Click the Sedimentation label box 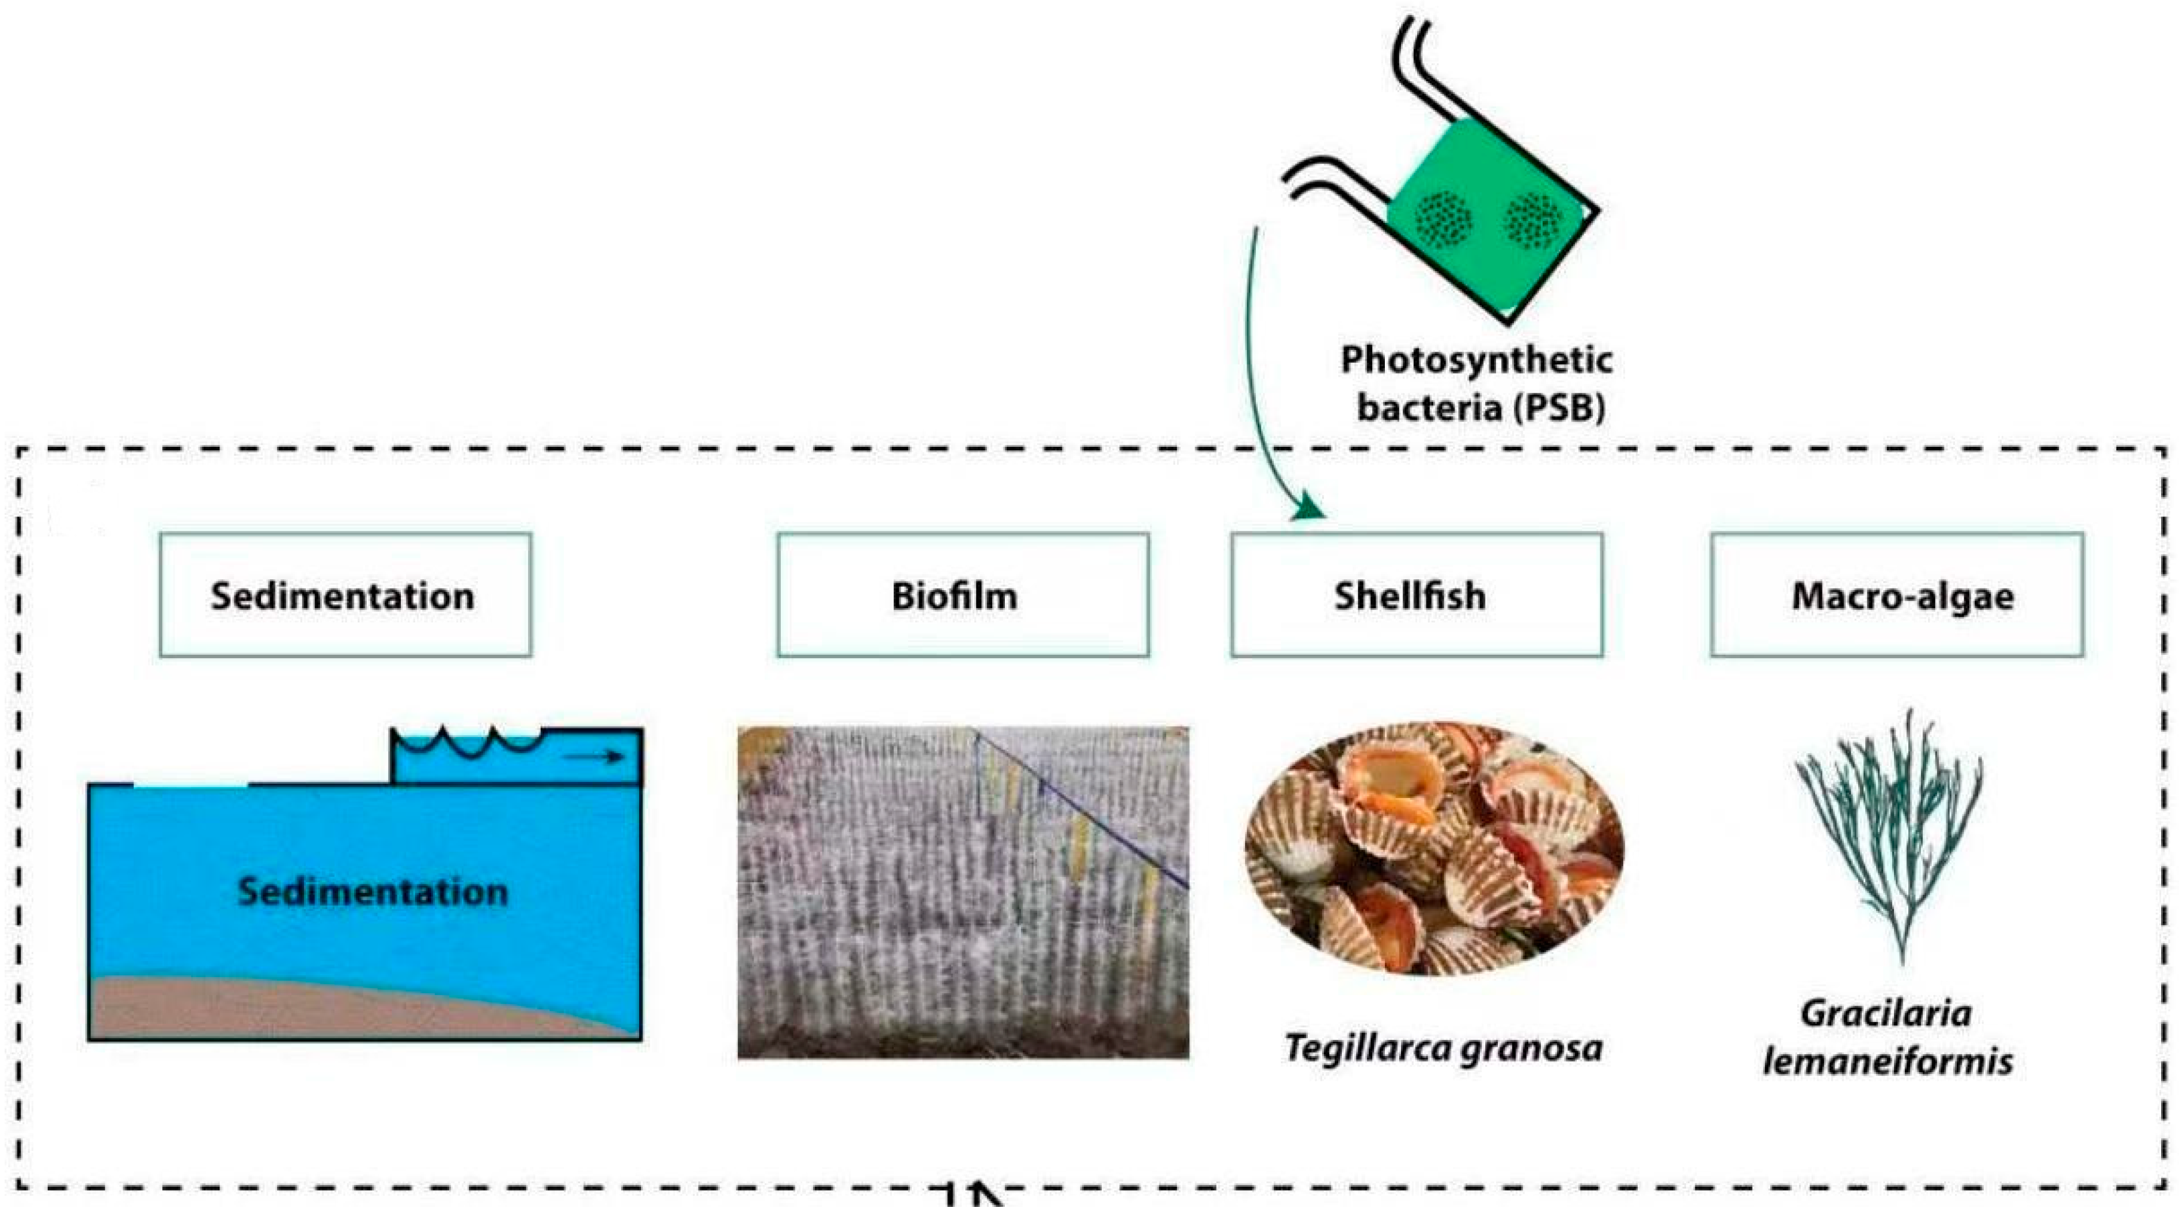[x=345, y=595]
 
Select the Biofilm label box [x=963, y=595]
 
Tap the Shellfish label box [x=1416, y=595]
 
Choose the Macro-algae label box [x=1896, y=595]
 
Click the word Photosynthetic [x=1476, y=361]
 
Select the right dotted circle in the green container [x=1533, y=220]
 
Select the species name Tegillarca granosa [x=1443, y=1048]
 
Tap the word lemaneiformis [x=1888, y=1061]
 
